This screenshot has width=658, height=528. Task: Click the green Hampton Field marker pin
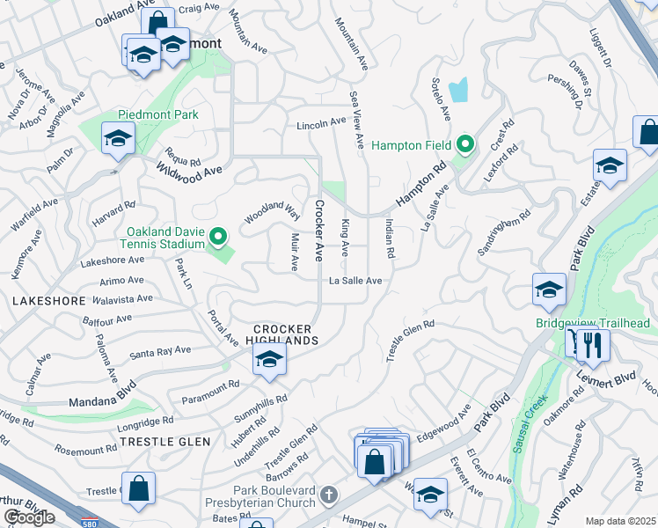tap(466, 144)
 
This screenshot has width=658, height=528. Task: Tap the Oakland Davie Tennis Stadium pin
tap(220, 237)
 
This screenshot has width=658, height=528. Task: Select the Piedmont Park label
tap(158, 114)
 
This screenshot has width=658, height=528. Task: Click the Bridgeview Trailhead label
tap(592, 323)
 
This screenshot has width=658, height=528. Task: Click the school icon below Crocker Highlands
tap(269, 359)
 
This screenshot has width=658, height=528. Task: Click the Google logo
tap(29, 517)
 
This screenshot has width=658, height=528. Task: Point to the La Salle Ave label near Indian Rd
tap(355, 281)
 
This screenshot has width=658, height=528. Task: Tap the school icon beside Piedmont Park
tap(118, 138)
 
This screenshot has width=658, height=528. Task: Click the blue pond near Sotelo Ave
tap(458, 89)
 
